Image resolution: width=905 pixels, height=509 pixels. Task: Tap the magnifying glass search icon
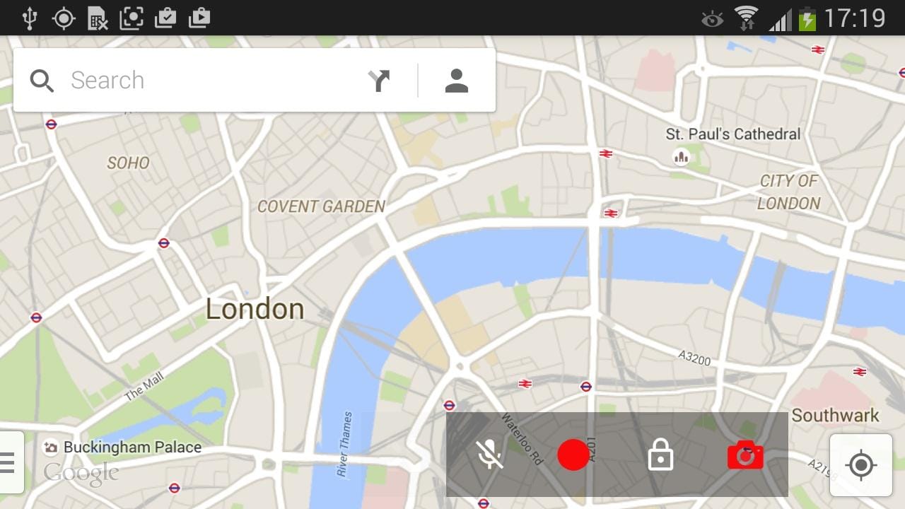coord(42,81)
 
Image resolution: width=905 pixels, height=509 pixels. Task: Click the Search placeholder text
coord(107,81)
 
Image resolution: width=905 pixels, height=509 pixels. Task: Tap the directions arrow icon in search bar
coord(380,81)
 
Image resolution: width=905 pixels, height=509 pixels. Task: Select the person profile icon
coord(457,81)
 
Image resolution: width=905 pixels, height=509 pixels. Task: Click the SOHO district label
coord(128,163)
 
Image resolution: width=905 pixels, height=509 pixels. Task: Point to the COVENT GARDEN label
coord(321,206)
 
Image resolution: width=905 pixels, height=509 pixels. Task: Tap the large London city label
coord(255,309)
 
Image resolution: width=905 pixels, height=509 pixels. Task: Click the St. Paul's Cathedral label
coord(733,134)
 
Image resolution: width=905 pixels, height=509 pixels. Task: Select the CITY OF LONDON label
coord(788,192)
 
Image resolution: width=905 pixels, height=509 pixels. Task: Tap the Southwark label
coord(835,415)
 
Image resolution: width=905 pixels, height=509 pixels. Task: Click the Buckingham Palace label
coord(132,447)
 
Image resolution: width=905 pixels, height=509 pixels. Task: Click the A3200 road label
coord(694,358)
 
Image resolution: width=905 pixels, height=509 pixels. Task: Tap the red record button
coord(573,455)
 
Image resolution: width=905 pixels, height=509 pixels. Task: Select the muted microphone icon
coord(489,455)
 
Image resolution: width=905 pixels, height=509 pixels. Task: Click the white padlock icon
coord(660,455)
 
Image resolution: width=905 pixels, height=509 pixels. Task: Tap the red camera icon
coord(745,455)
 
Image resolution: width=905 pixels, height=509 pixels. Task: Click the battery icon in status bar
coord(807,18)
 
